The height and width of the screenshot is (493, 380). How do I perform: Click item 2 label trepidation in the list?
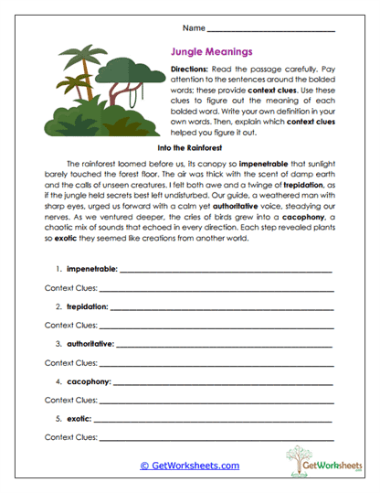pyautogui.click(x=87, y=306)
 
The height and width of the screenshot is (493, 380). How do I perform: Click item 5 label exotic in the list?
pyautogui.click(x=78, y=418)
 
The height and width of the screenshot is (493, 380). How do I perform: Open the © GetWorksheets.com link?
pyautogui.click(x=190, y=465)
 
